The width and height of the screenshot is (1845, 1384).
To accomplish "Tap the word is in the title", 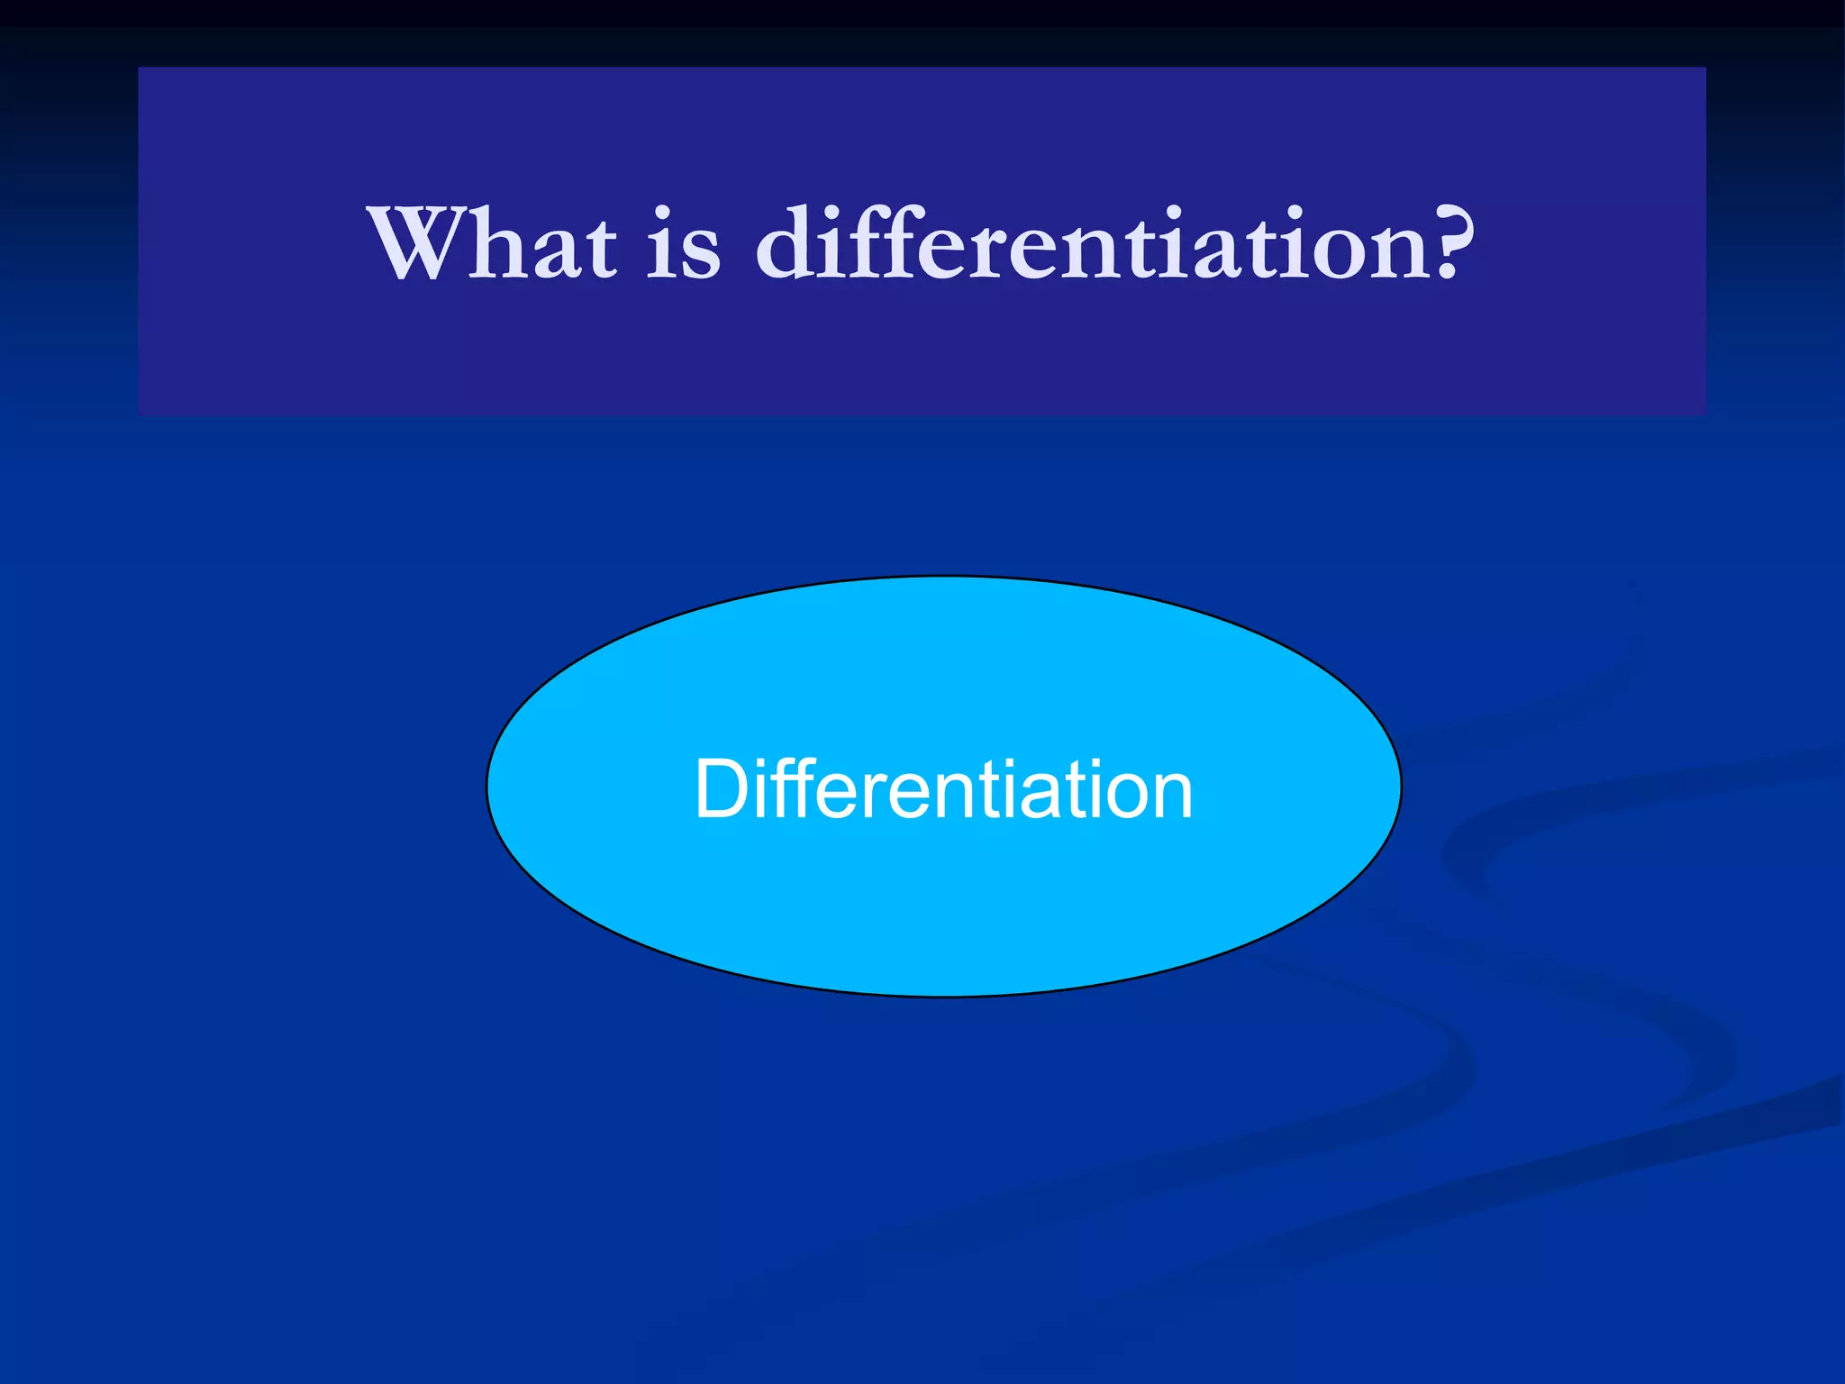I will (x=684, y=243).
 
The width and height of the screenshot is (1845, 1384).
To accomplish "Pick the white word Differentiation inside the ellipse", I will (x=943, y=789).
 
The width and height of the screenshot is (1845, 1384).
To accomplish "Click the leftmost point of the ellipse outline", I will (x=486, y=787).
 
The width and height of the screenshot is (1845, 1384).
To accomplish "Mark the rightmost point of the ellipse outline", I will (x=1402, y=787).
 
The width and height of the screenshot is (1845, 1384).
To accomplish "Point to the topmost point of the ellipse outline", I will (x=944, y=576).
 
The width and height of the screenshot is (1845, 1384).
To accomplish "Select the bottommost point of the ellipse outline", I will (x=944, y=997).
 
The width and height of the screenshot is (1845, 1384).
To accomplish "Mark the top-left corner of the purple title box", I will (x=139, y=68).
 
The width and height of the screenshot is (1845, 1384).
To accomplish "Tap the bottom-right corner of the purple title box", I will (x=1705, y=414).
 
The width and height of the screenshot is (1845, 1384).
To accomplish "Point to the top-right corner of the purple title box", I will (x=1705, y=68).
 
